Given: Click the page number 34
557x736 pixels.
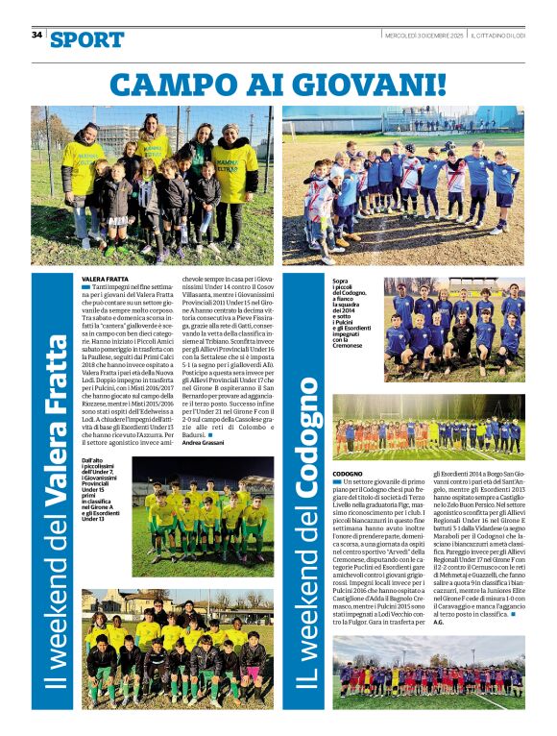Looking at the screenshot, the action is tap(36, 36).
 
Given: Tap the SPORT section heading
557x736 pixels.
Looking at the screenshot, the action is tap(87, 39).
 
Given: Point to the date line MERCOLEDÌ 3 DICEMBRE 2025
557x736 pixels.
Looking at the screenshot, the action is tap(424, 36).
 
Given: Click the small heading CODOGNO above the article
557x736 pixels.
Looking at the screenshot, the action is tap(348, 475).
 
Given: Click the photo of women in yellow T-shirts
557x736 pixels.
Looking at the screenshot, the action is tap(159, 185).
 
